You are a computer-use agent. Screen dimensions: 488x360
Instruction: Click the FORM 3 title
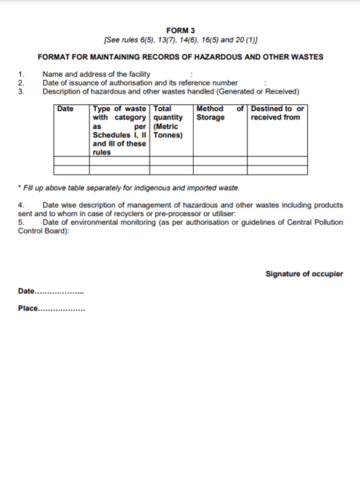(180, 29)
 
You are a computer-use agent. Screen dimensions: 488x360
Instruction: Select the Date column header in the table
(66, 108)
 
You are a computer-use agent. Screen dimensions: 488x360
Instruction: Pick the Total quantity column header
(170, 117)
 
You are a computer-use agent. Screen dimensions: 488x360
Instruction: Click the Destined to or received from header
(277, 113)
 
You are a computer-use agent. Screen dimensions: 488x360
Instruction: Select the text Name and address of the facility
(96, 74)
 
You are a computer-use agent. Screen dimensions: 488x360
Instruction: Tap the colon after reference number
(264, 82)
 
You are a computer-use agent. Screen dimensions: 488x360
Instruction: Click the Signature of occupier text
(303, 274)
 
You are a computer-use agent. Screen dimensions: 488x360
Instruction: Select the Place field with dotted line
(51, 308)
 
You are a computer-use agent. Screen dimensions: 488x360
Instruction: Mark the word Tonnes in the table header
(169, 134)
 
